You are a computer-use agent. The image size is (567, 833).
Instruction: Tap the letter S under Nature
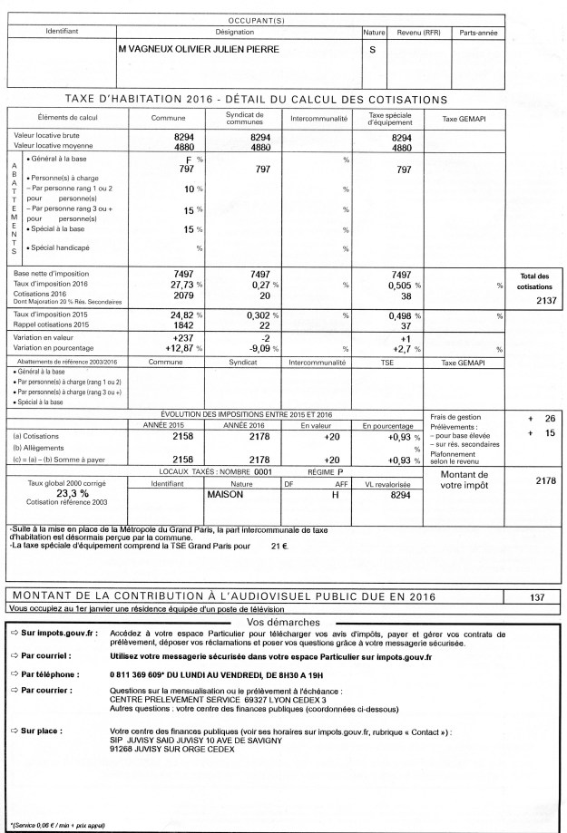coord(372,50)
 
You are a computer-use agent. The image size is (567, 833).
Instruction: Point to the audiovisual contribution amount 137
coord(540,596)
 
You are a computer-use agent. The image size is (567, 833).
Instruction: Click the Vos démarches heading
coord(283,623)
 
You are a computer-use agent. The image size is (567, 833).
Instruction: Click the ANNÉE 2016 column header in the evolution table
coord(242,424)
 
